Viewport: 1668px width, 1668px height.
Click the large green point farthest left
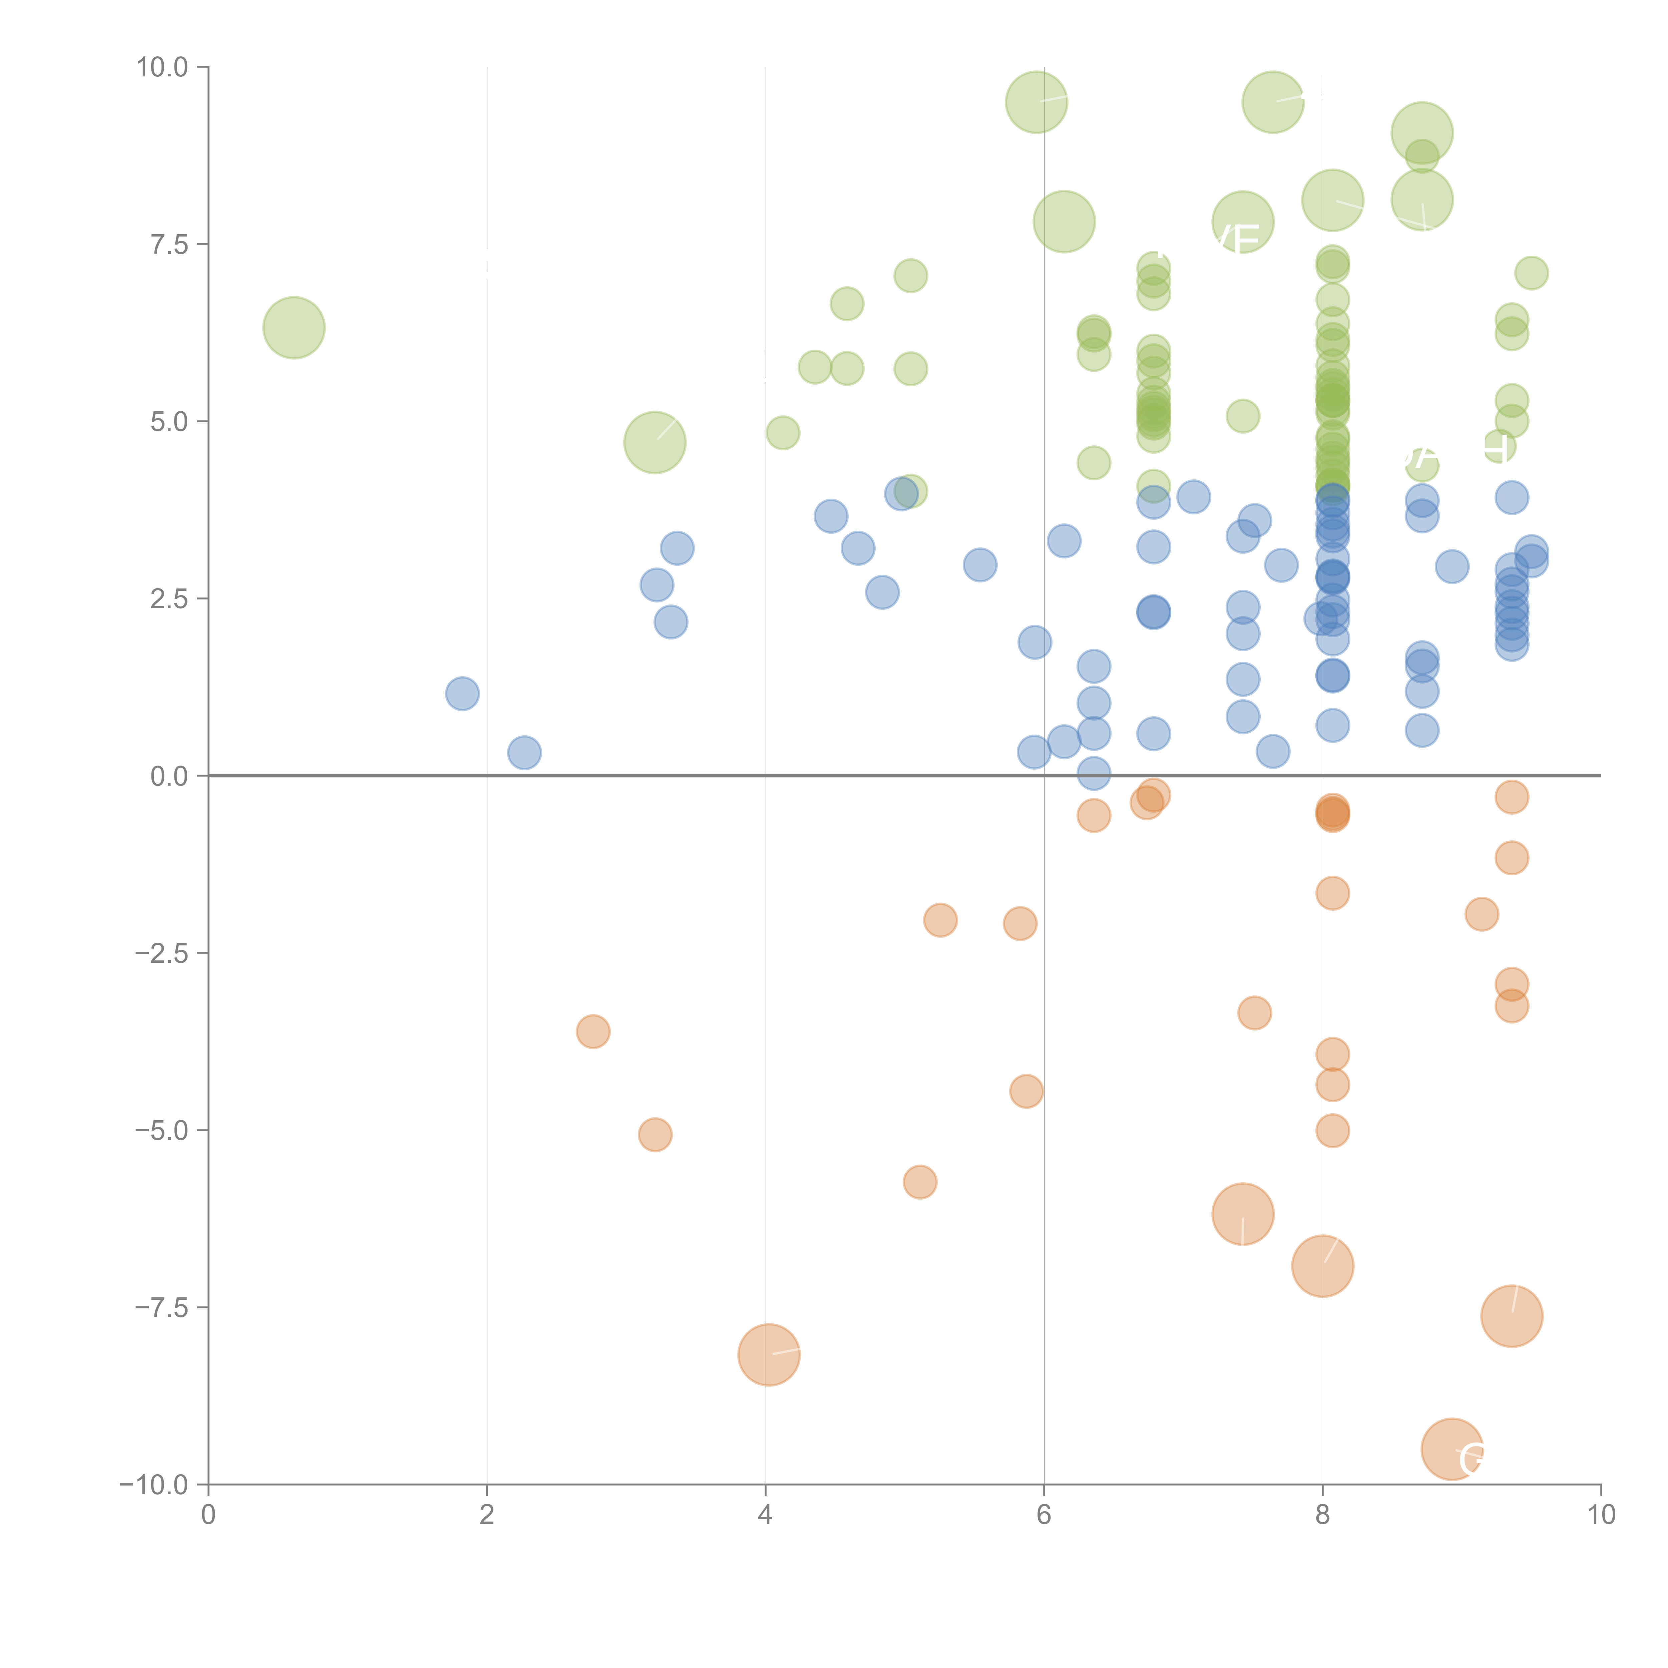[x=294, y=327]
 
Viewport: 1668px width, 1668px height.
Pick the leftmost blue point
[x=462, y=693]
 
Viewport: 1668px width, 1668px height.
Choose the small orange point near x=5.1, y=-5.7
[x=919, y=1182]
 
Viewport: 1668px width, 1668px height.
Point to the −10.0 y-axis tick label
[x=154, y=1485]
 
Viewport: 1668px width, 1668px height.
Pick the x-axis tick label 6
[x=1044, y=1515]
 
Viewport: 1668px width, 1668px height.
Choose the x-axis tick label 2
[x=487, y=1515]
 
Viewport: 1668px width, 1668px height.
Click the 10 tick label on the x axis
[x=1601, y=1515]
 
